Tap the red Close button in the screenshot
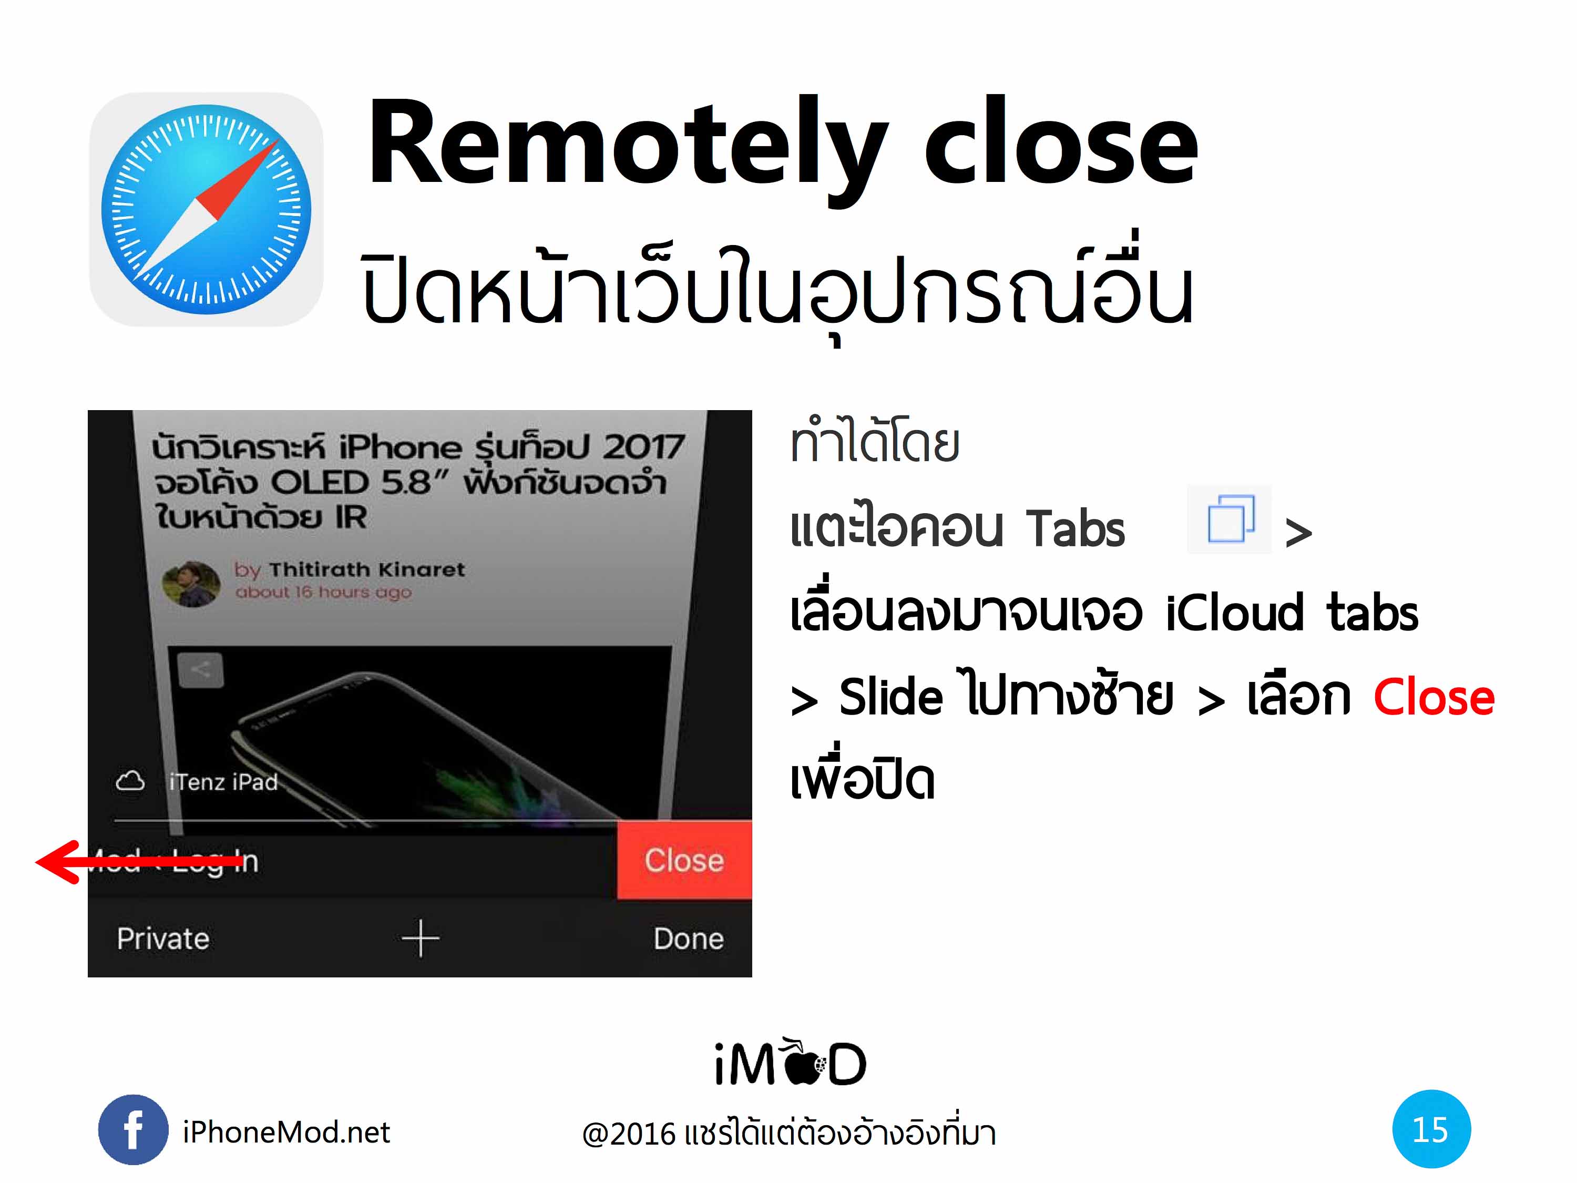point(684,860)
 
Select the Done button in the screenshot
point(689,939)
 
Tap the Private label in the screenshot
point(163,939)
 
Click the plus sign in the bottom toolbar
point(421,939)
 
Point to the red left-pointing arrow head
point(57,862)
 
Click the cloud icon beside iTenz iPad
point(130,781)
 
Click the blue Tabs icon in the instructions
point(1230,519)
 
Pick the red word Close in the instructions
point(1433,697)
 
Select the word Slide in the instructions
point(891,697)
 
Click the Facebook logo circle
point(134,1129)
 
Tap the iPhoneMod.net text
point(286,1131)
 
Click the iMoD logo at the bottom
point(791,1063)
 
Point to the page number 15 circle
point(1431,1129)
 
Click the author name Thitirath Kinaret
point(366,569)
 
